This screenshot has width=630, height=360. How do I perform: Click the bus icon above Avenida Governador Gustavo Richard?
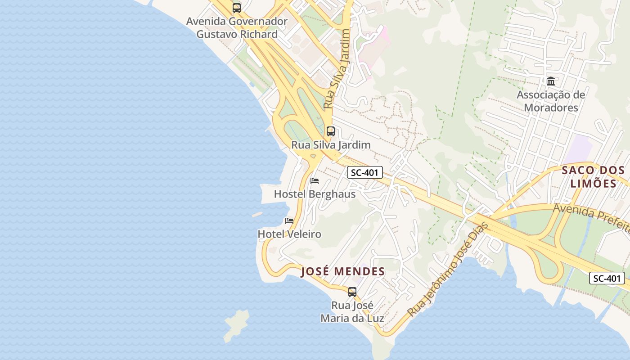tap(237, 8)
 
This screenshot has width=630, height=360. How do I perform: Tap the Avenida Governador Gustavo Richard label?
tap(237, 28)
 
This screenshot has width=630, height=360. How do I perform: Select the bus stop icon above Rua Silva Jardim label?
tap(331, 131)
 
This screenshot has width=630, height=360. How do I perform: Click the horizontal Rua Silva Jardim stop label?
tap(331, 145)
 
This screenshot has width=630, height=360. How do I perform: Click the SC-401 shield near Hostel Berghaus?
tap(365, 172)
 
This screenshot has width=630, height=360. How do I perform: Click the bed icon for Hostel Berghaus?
tap(315, 181)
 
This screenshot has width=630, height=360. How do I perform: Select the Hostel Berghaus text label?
tap(315, 194)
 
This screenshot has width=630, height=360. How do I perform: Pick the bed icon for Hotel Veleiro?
tap(289, 221)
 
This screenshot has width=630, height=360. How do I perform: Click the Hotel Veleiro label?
tap(289, 234)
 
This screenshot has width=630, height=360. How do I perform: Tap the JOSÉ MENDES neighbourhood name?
tap(343, 271)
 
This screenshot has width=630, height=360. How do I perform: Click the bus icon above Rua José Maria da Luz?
tap(352, 292)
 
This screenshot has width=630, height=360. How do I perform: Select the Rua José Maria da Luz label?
tap(352, 311)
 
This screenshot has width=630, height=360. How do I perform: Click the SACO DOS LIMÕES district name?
tap(593, 176)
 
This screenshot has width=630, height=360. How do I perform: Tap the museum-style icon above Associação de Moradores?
tap(551, 81)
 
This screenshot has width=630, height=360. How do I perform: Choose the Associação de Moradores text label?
tap(551, 101)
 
